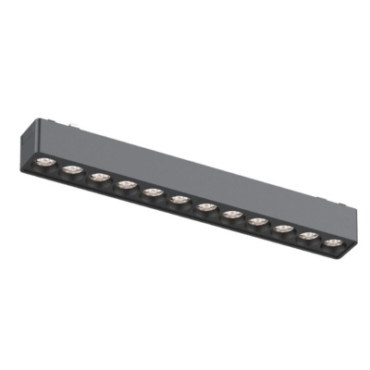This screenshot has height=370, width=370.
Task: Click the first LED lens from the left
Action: click(46, 162)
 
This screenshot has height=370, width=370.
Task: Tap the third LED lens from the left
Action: click(99, 176)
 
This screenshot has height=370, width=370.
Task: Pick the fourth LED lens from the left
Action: click(126, 183)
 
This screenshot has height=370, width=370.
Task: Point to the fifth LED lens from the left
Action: click(152, 191)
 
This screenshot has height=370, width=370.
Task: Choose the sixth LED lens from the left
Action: click(179, 198)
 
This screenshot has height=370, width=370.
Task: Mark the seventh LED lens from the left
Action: click(204, 205)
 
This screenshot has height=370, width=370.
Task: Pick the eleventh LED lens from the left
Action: click(308, 235)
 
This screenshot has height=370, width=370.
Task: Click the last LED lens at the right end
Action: click(331, 242)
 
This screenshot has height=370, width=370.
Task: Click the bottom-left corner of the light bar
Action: click(30, 165)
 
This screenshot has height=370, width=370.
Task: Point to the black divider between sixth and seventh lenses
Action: click(191, 202)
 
